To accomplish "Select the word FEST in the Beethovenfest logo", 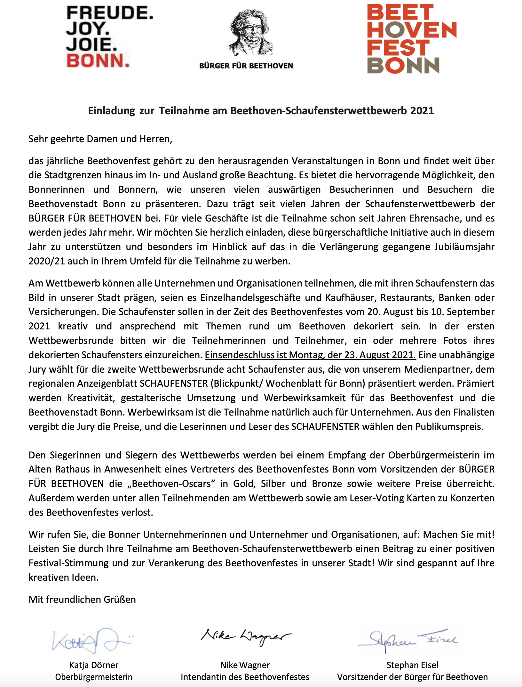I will (x=398, y=48).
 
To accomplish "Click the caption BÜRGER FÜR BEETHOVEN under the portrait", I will (x=246, y=66).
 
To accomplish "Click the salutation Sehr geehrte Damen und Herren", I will (x=100, y=139).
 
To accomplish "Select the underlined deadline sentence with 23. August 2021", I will (x=310, y=355).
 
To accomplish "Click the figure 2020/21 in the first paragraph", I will (x=47, y=261).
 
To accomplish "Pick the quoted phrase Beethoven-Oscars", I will (x=171, y=484).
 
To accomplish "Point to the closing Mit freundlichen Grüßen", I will (x=82, y=600).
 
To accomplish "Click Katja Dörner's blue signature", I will (x=91, y=641).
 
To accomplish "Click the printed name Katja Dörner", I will (x=94, y=665).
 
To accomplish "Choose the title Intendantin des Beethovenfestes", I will (x=245, y=677).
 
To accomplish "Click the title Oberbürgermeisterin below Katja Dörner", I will (x=94, y=677).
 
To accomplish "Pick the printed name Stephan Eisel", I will (x=412, y=665).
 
